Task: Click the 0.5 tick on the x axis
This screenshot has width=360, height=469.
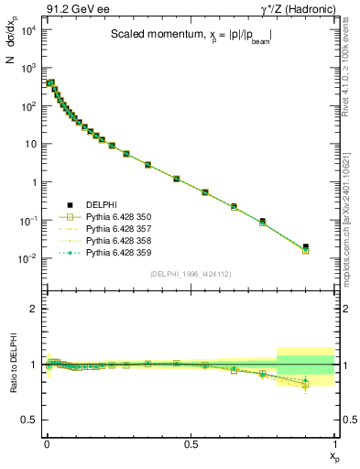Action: coord(191,447)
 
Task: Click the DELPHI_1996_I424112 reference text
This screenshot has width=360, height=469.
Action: coord(190,273)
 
